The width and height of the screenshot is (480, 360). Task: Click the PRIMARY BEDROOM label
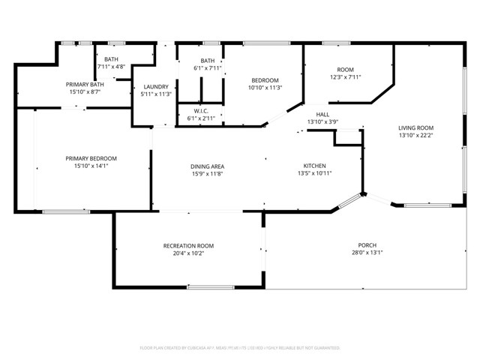(x=91, y=158)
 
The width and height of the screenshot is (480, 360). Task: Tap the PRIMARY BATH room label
(x=86, y=85)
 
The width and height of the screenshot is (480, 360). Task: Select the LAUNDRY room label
(x=156, y=87)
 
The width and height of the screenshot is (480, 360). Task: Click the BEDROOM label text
(x=265, y=80)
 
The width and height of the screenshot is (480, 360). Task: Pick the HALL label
(x=322, y=115)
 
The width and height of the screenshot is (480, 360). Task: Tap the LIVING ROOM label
(x=415, y=128)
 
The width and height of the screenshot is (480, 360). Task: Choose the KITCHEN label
(x=314, y=166)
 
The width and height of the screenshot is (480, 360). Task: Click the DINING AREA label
(x=208, y=166)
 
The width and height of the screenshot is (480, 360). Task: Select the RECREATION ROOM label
(x=188, y=246)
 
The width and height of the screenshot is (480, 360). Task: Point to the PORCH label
(x=367, y=245)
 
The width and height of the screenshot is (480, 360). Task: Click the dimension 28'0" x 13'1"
(x=367, y=253)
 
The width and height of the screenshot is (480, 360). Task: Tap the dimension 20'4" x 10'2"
(x=188, y=253)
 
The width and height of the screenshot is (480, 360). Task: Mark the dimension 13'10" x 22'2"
(x=415, y=136)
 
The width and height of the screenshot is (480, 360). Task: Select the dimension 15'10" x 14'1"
(x=91, y=166)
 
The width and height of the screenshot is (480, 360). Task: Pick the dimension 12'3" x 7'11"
(x=345, y=76)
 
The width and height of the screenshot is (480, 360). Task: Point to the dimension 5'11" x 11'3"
(x=156, y=94)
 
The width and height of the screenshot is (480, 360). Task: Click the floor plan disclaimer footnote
(x=240, y=348)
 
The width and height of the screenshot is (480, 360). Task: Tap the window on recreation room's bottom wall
(x=210, y=287)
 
